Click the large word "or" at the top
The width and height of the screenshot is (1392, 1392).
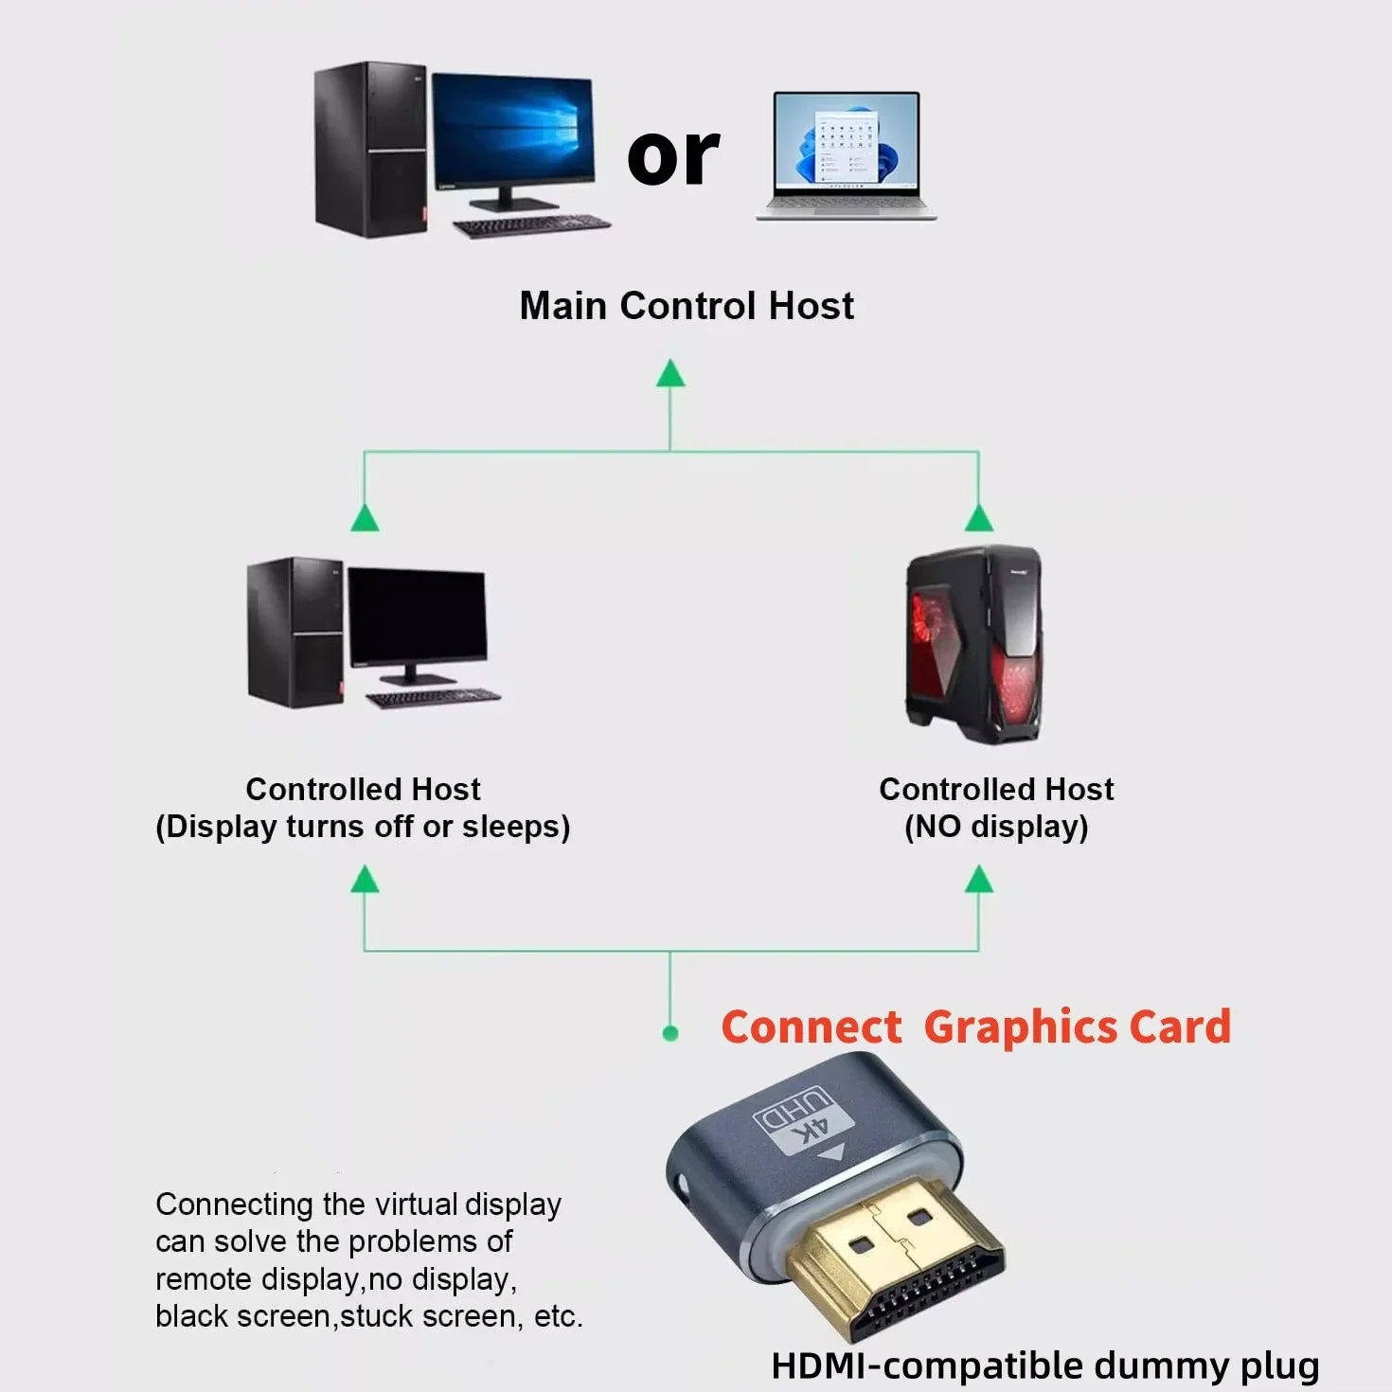pos(673,157)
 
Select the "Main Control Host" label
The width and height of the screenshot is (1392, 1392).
pos(687,306)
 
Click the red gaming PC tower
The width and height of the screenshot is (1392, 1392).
pos(974,645)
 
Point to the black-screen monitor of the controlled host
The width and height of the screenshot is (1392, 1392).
pos(417,617)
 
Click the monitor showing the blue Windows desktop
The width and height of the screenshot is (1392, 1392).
pos(512,133)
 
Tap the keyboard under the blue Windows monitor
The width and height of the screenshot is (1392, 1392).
pos(531,226)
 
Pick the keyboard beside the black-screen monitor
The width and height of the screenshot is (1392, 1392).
pos(433,699)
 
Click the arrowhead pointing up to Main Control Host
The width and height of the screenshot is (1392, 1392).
pos(670,374)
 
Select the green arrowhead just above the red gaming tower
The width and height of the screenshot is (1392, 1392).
pos(978,519)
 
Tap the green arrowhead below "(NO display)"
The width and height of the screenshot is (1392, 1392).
pos(978,881)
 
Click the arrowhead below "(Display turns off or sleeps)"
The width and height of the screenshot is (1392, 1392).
pos(365,880)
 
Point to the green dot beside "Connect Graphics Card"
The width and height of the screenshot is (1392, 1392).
pos(670,1033)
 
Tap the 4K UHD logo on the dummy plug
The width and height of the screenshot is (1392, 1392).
pos(801,1118)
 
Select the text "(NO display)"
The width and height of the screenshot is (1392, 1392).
pos(996,827)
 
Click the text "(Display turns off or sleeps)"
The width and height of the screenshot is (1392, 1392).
pos(363,827)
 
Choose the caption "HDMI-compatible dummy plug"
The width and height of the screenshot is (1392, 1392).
pos(1044,1365)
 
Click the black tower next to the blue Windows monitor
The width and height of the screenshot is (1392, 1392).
pos(369,150)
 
